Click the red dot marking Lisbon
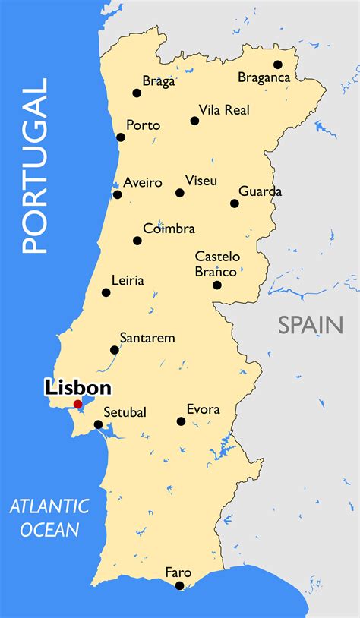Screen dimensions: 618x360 point(77,404)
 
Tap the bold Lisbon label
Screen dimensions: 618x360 point(77,388)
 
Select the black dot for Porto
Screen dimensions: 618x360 point(121,137)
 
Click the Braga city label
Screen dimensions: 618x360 point(159,81)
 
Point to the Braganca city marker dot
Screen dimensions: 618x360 point(278,65)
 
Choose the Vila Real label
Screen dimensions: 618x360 point(224,110)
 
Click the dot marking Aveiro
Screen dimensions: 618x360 point(117,194)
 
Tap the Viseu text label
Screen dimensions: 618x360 point(201,181)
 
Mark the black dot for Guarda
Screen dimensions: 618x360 point(235,203)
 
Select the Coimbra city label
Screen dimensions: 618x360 point(169,229)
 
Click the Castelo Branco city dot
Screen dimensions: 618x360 point(217,285)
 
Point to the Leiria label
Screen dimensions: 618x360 point(127,281)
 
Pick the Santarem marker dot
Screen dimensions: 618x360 point(115,350)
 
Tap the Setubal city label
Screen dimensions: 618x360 point(125,412)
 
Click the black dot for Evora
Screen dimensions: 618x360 point(182,421)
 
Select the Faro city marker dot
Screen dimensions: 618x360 point(179,585)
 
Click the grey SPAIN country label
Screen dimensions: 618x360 point(310,325)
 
